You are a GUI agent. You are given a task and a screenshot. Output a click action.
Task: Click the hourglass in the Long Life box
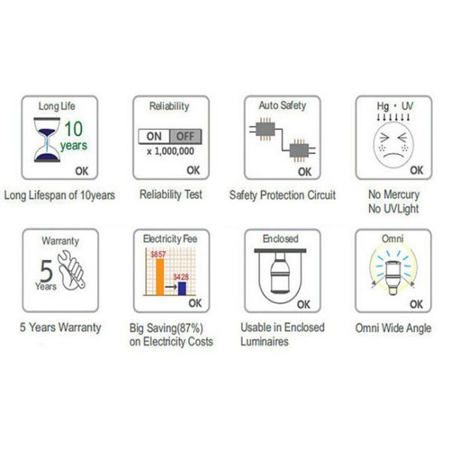[47, 140]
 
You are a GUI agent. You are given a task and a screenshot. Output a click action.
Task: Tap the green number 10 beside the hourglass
[73, 129]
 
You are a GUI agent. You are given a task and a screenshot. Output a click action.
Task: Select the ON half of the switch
[154, 136]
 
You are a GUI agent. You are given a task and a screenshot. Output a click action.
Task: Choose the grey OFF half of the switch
[186, 136]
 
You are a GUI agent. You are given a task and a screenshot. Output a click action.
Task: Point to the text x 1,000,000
[171, 151]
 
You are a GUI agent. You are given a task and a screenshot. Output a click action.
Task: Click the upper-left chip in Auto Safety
[265, 129]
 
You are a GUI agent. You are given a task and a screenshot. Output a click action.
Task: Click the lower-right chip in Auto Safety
[299, 150]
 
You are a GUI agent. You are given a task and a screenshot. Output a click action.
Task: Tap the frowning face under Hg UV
[393, 144]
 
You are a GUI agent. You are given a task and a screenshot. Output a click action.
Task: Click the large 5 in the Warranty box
[46, 271]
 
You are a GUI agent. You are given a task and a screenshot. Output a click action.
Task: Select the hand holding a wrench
[71, 271]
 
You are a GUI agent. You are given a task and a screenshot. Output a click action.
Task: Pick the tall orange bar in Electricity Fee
[159, 277]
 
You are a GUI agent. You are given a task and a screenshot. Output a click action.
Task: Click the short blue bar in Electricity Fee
[182, 289]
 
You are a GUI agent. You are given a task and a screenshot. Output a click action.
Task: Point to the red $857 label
[158, 254]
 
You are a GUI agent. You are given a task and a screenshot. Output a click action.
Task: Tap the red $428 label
[181, 277]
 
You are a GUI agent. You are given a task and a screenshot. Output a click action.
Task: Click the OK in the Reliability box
[193, 171]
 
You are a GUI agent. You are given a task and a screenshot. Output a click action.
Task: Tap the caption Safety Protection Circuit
[283, 195]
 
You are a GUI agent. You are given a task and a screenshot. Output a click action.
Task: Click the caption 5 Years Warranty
[60, 328]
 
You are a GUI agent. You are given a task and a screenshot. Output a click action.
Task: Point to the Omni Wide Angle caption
[393, 328]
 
